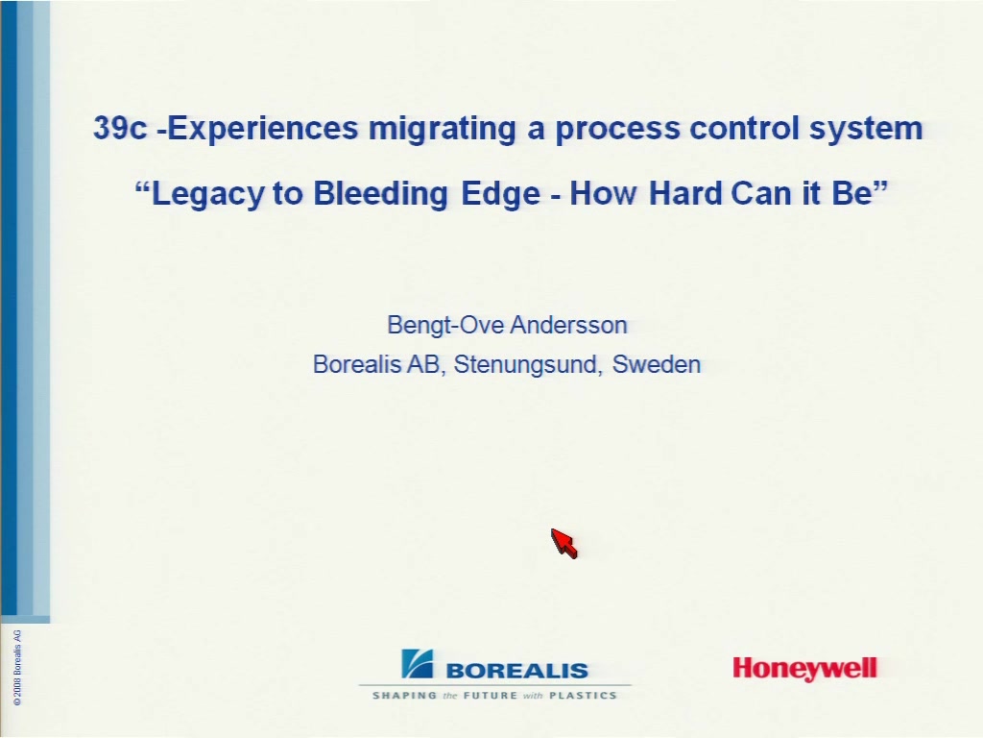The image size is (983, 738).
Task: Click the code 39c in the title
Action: pyautogui.click(x=120, y=128)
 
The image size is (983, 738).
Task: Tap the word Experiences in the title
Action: pyautogui.click(x=263, y=129)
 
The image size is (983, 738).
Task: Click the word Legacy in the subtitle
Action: pyautogui.click(x=208, y=193)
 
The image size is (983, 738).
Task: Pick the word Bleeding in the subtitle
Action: pyautogui.click(x=380, y=193)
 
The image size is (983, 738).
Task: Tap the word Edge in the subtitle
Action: pyautogui.click(x=500, y=193)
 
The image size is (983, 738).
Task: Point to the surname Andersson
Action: pyautogui.click(x=568, y=325)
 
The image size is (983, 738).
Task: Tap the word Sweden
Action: pyautogui.click(x=657, y=364)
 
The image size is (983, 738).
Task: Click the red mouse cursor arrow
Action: pyautogui.click(x=564, y=544)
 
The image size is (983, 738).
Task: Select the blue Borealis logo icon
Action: pyautogui.click(x=417, y=664)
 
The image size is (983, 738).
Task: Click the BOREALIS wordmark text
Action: pyautogui.click(x=517, y=671)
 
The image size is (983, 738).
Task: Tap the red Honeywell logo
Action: pyautogui.click(x=805, y=669)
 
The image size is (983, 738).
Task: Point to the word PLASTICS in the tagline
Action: pyautogui.click(x=583, y=696)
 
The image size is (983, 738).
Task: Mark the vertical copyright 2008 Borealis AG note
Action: pyautogui.click(x=17, y=668)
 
